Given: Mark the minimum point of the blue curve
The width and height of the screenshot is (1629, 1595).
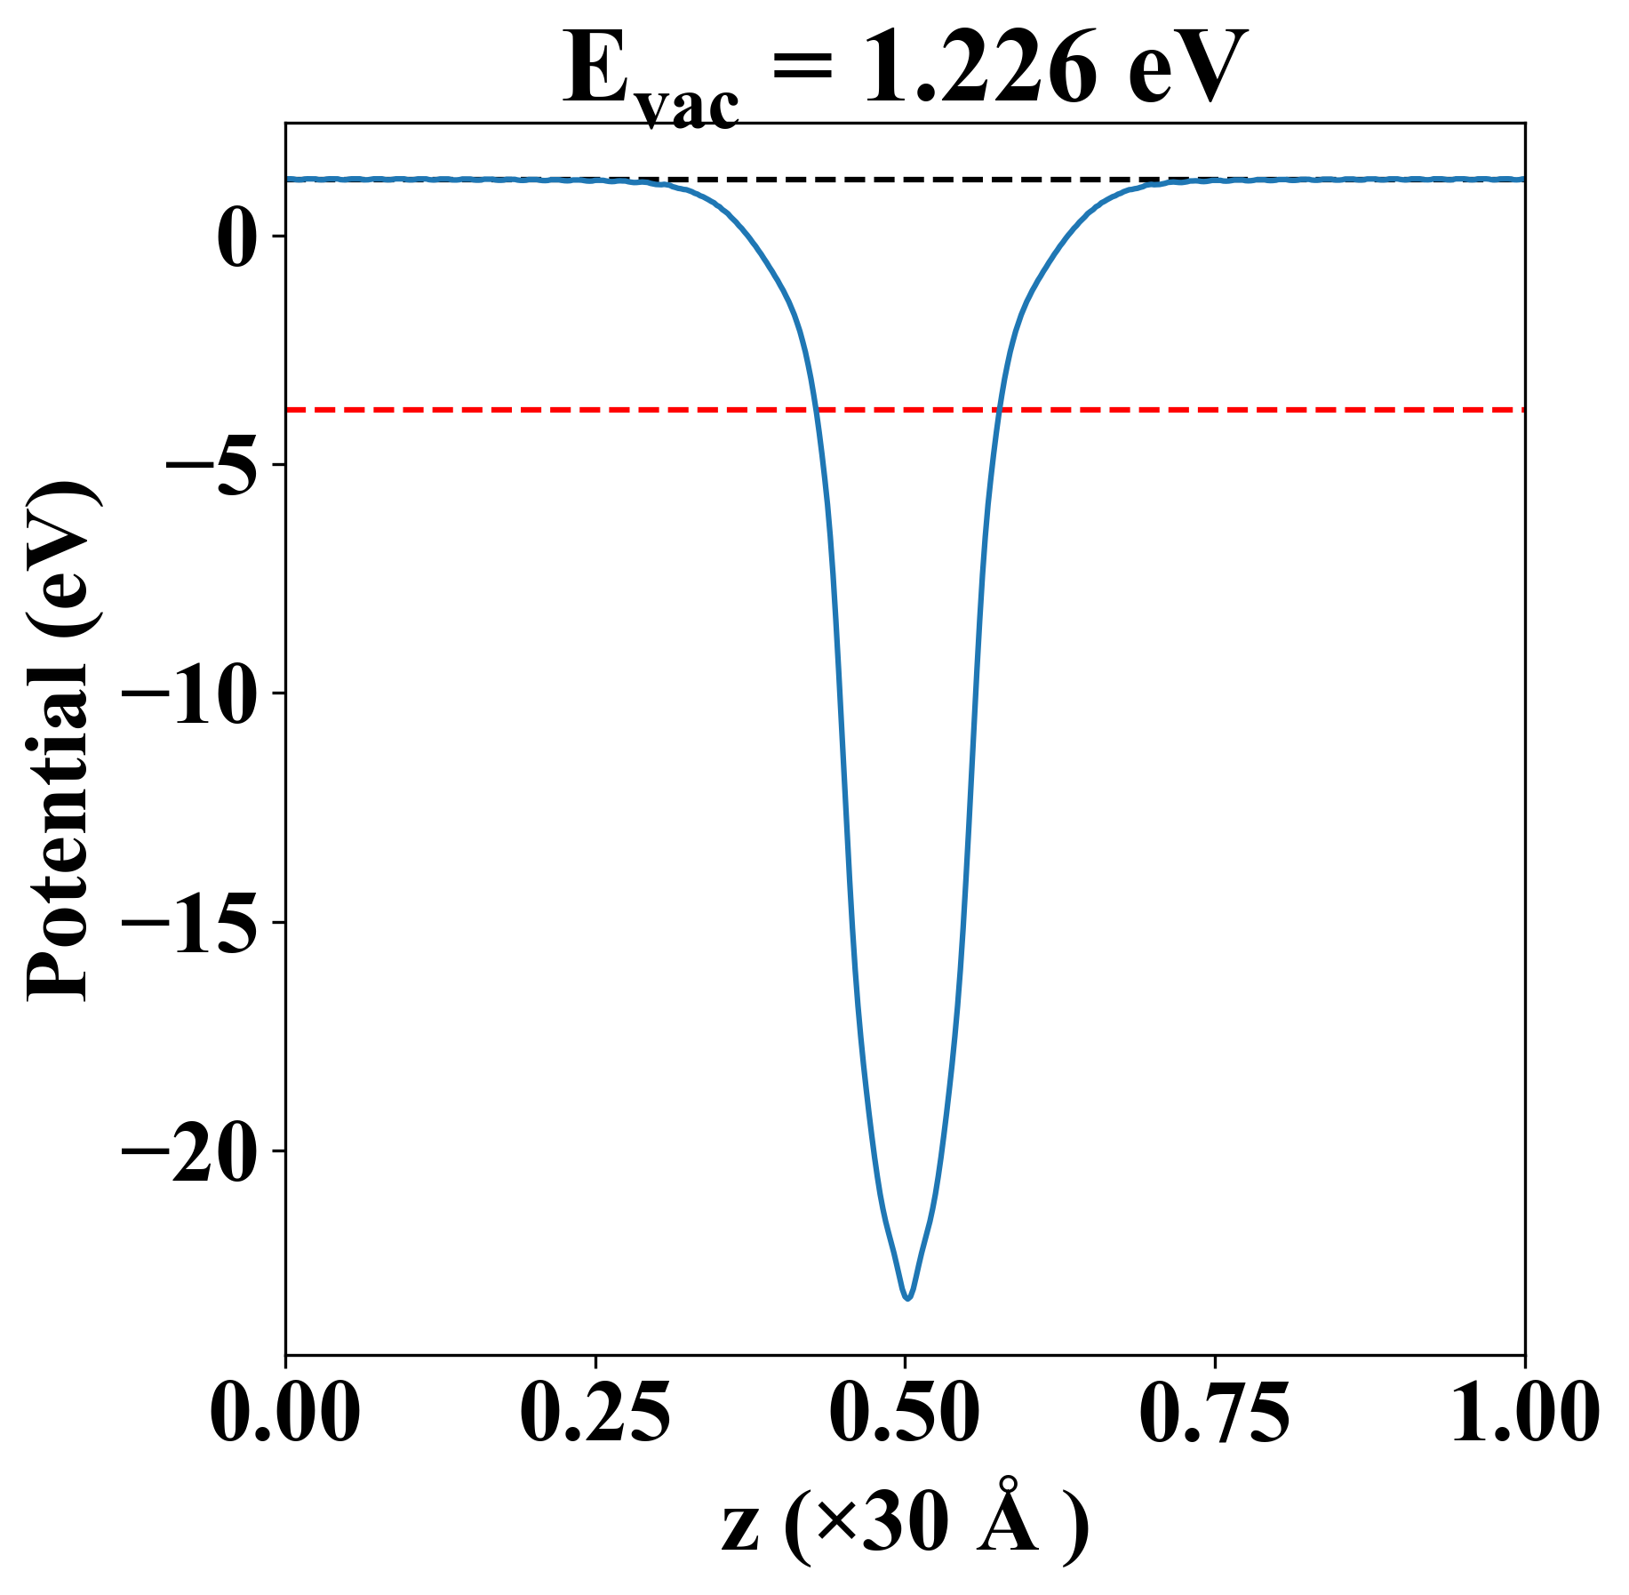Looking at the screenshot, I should pyautogui.click(x=907, y=1298).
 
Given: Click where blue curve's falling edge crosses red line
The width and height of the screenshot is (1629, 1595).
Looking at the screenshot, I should pyautogui.click(x=816, y=410).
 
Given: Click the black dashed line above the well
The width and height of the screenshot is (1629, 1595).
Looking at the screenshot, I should pyautogui.click(x=905, y=180).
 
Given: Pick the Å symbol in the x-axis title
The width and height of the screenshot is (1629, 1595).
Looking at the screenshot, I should pyautogui.click(x=1008, y=1519).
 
